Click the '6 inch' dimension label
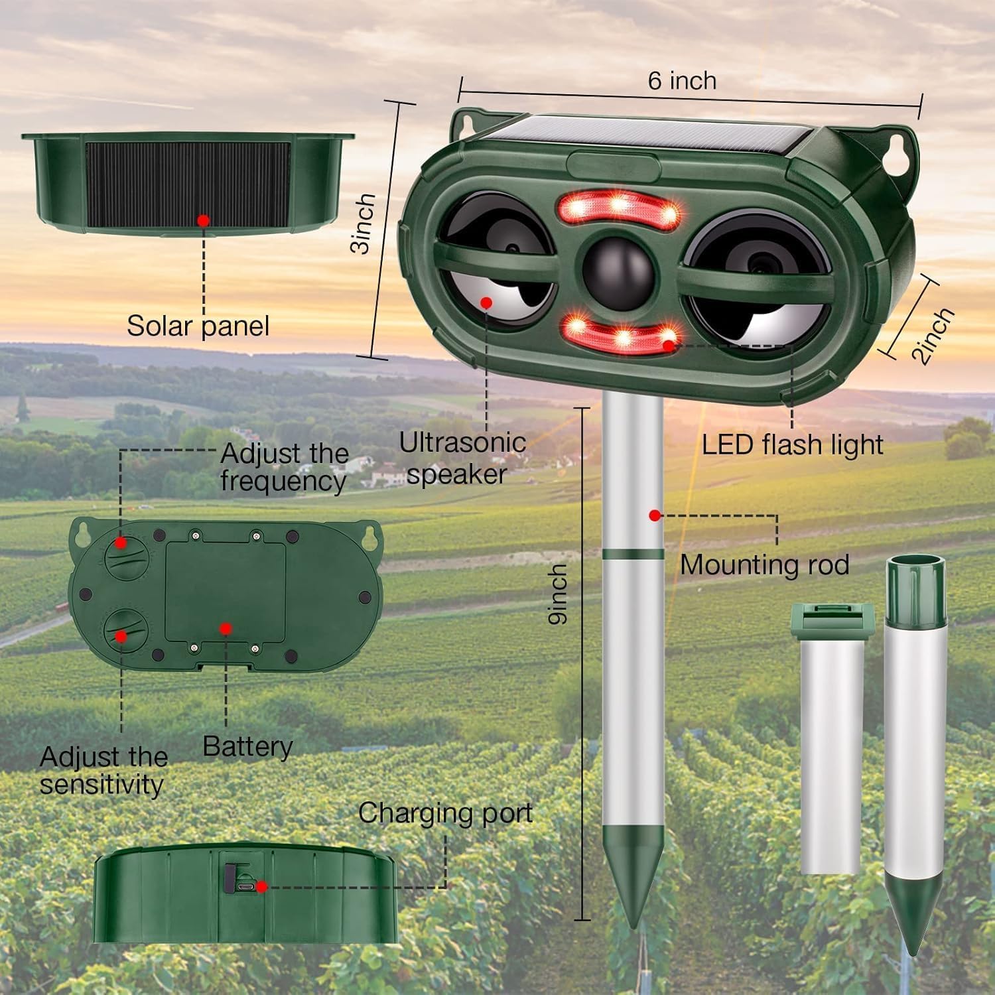pos(682,81)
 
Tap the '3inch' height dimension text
pos(364,224)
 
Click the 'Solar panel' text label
pos(198,326)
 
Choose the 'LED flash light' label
pos(792,444)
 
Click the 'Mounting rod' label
pos(764,565)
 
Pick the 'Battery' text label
pos(247,746)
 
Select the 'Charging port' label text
pos(445,813)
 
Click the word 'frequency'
pos(283,481)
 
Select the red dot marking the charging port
pos(262,886)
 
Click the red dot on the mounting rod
pos(655,515)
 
